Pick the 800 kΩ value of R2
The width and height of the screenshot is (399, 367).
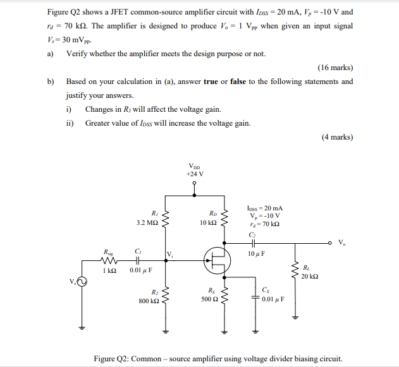tap(149, 301)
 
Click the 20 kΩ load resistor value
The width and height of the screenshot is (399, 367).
tap(309, 276)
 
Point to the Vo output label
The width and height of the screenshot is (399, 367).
tap(342, 242)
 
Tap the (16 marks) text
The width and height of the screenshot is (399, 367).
tap(335, 68)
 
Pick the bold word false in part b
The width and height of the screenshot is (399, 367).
tap(238, 81)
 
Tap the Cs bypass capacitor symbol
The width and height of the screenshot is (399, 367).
tap(256, 295)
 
